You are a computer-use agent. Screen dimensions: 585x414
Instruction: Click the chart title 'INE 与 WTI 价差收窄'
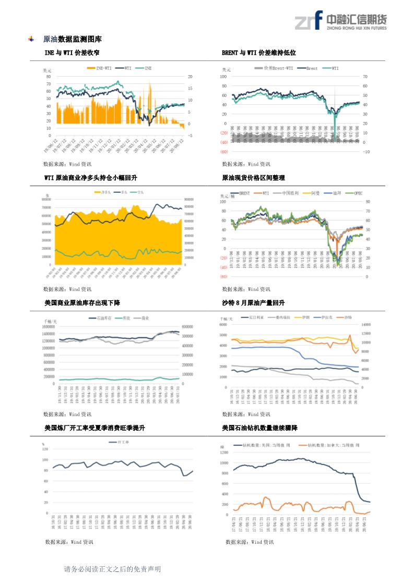pyautogui.click(x=72, y=53)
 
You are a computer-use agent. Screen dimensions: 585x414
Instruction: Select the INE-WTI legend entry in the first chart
pyautogui.click(x=100, y=68)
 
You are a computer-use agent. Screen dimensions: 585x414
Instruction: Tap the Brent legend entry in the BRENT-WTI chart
pyautogui.click(x=311, y=68)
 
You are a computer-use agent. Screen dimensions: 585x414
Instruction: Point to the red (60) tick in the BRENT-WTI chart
pyautogui.click(x=223, y=152)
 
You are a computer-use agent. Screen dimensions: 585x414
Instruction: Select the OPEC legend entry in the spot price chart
pyautogui.click(x=358, y=193)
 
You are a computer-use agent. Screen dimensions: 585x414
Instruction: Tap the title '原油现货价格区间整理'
pyautogui.click(x=254, y=178)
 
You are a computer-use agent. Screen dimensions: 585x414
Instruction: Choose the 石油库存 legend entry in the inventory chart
pyautogui.click(x=99, y=318)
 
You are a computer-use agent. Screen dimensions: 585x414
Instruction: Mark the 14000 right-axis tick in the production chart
pyautogui.click(x=367, y=324)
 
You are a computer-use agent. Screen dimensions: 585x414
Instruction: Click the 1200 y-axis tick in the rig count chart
pyautogui.click(x=224, y=452)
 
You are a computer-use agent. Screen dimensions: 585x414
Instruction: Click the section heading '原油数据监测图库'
pyautogui.click(x=72, y=39)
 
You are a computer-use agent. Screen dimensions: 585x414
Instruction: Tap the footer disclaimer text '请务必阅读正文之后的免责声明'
pyautogui.click(x=112, y=569)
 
